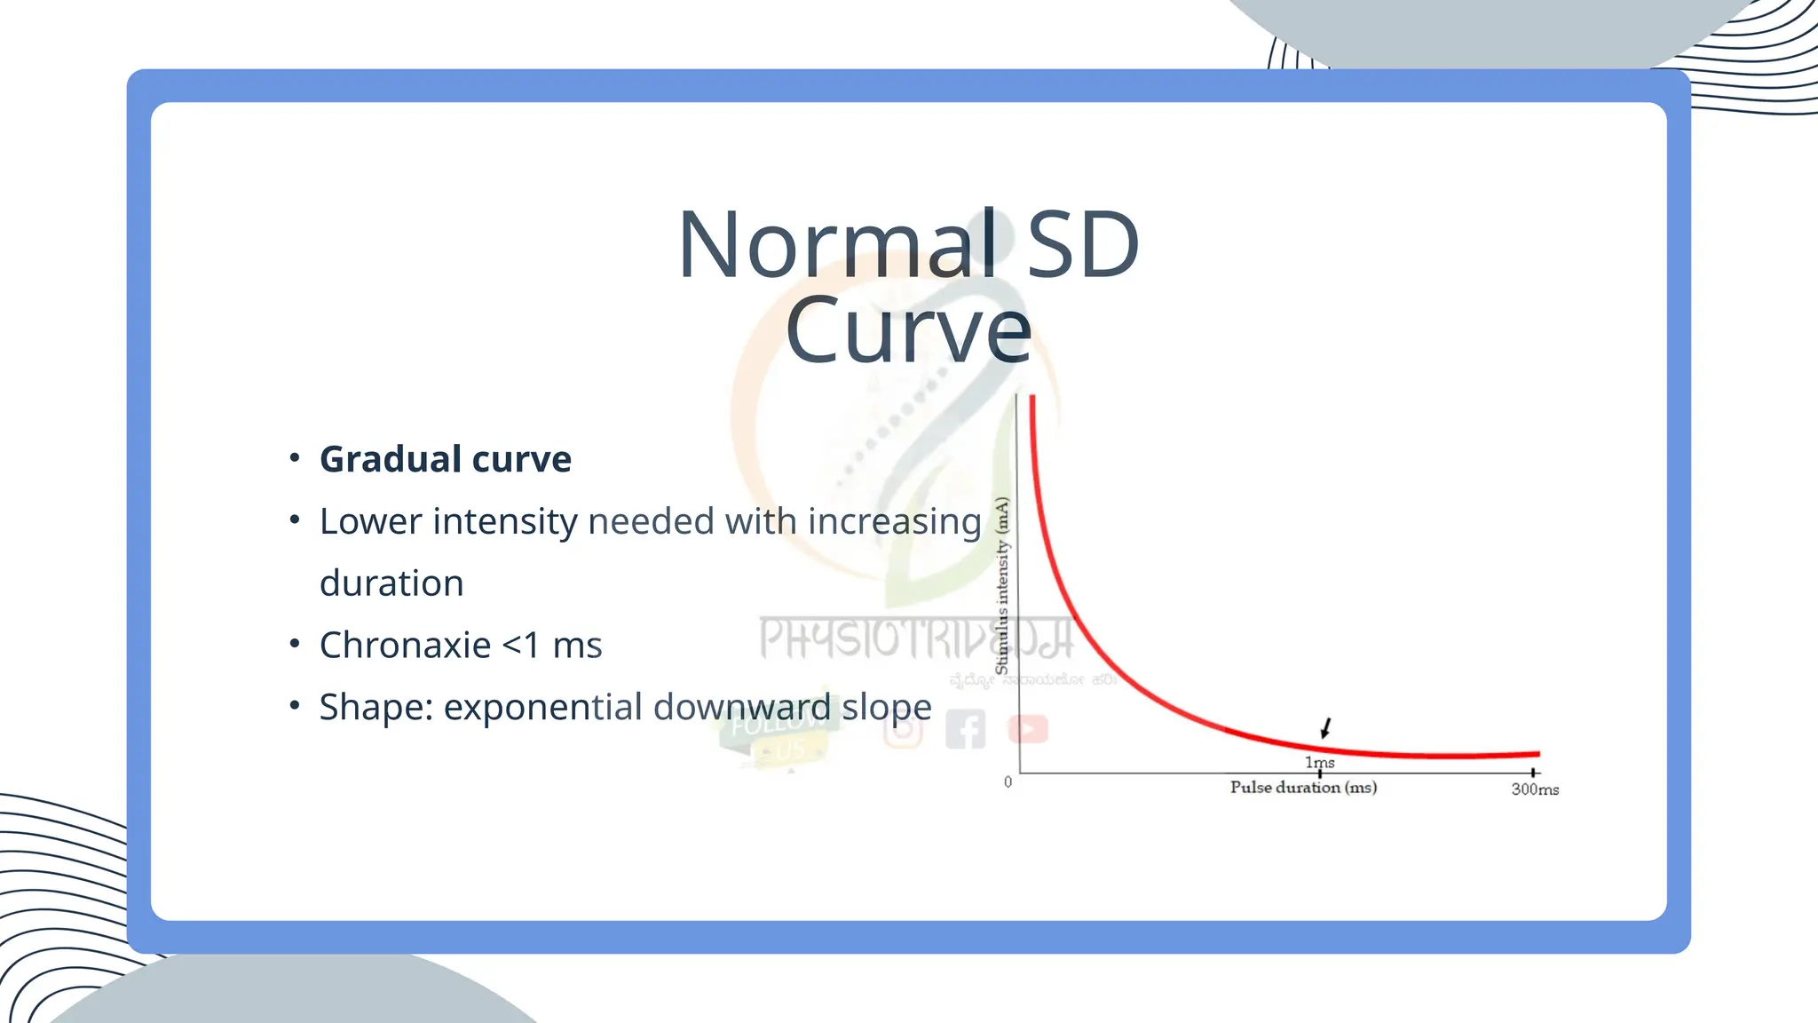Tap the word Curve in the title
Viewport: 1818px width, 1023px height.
pyautogui.click(x=908, y=330)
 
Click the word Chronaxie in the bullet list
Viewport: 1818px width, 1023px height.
pyautogui.click(x=405, y=645)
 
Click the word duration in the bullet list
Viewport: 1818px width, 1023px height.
pyautogui.click(x=391, y=583)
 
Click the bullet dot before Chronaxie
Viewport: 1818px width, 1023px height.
pyautogui.click(x=295, y=643)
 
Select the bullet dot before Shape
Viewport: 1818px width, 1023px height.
pyautogui.click(x=295, y=705)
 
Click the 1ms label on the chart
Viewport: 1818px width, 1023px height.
pyautogui.click(x=1319, y=762)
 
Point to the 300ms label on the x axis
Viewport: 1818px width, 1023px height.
pyautogui.click(x=1535, y=789)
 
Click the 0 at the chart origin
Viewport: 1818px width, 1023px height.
pyautogui.click(x=1008, y=782)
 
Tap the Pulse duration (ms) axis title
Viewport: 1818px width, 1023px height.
pyautogui.click(x=1303, y=787)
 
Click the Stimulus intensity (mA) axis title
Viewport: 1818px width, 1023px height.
pyautogui.click(x=1002, y=586)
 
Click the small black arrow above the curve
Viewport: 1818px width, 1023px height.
pyautogui.click(x=1325, y=728)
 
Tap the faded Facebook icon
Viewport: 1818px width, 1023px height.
pyautogui.click(x=965, y=730)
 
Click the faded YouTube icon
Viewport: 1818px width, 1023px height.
pyautogui.click(x=1028, y=729)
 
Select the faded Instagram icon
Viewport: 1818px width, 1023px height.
pyautogui.click(x=903, y=731)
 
